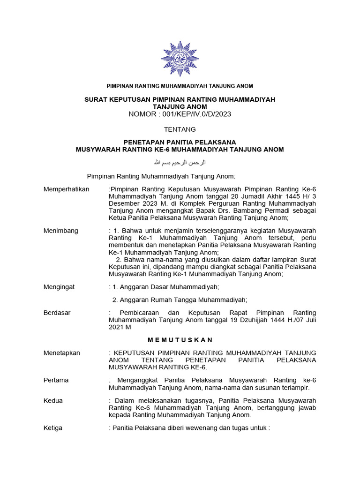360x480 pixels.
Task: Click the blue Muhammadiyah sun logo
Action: point(180,58)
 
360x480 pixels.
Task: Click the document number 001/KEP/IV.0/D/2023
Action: point(196,114)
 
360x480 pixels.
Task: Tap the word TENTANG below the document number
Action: point(180,129)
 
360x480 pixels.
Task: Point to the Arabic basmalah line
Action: point(180,162)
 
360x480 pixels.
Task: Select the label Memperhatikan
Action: point(66,189)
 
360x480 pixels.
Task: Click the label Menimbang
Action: point(61,231)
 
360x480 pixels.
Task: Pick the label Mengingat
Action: point(59,287)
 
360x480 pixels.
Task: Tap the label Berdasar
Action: point(57,313)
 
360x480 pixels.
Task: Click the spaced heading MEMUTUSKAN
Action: point(180,339)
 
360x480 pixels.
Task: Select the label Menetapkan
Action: point(62,352)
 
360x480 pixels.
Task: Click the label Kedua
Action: point(53,401)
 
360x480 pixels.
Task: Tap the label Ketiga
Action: point(53,428)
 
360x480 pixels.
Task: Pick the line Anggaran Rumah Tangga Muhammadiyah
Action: point(180,300)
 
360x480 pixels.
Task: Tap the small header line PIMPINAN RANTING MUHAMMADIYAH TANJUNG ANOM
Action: point(180,86)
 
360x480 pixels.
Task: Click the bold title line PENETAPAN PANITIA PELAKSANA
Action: point(180,142)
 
